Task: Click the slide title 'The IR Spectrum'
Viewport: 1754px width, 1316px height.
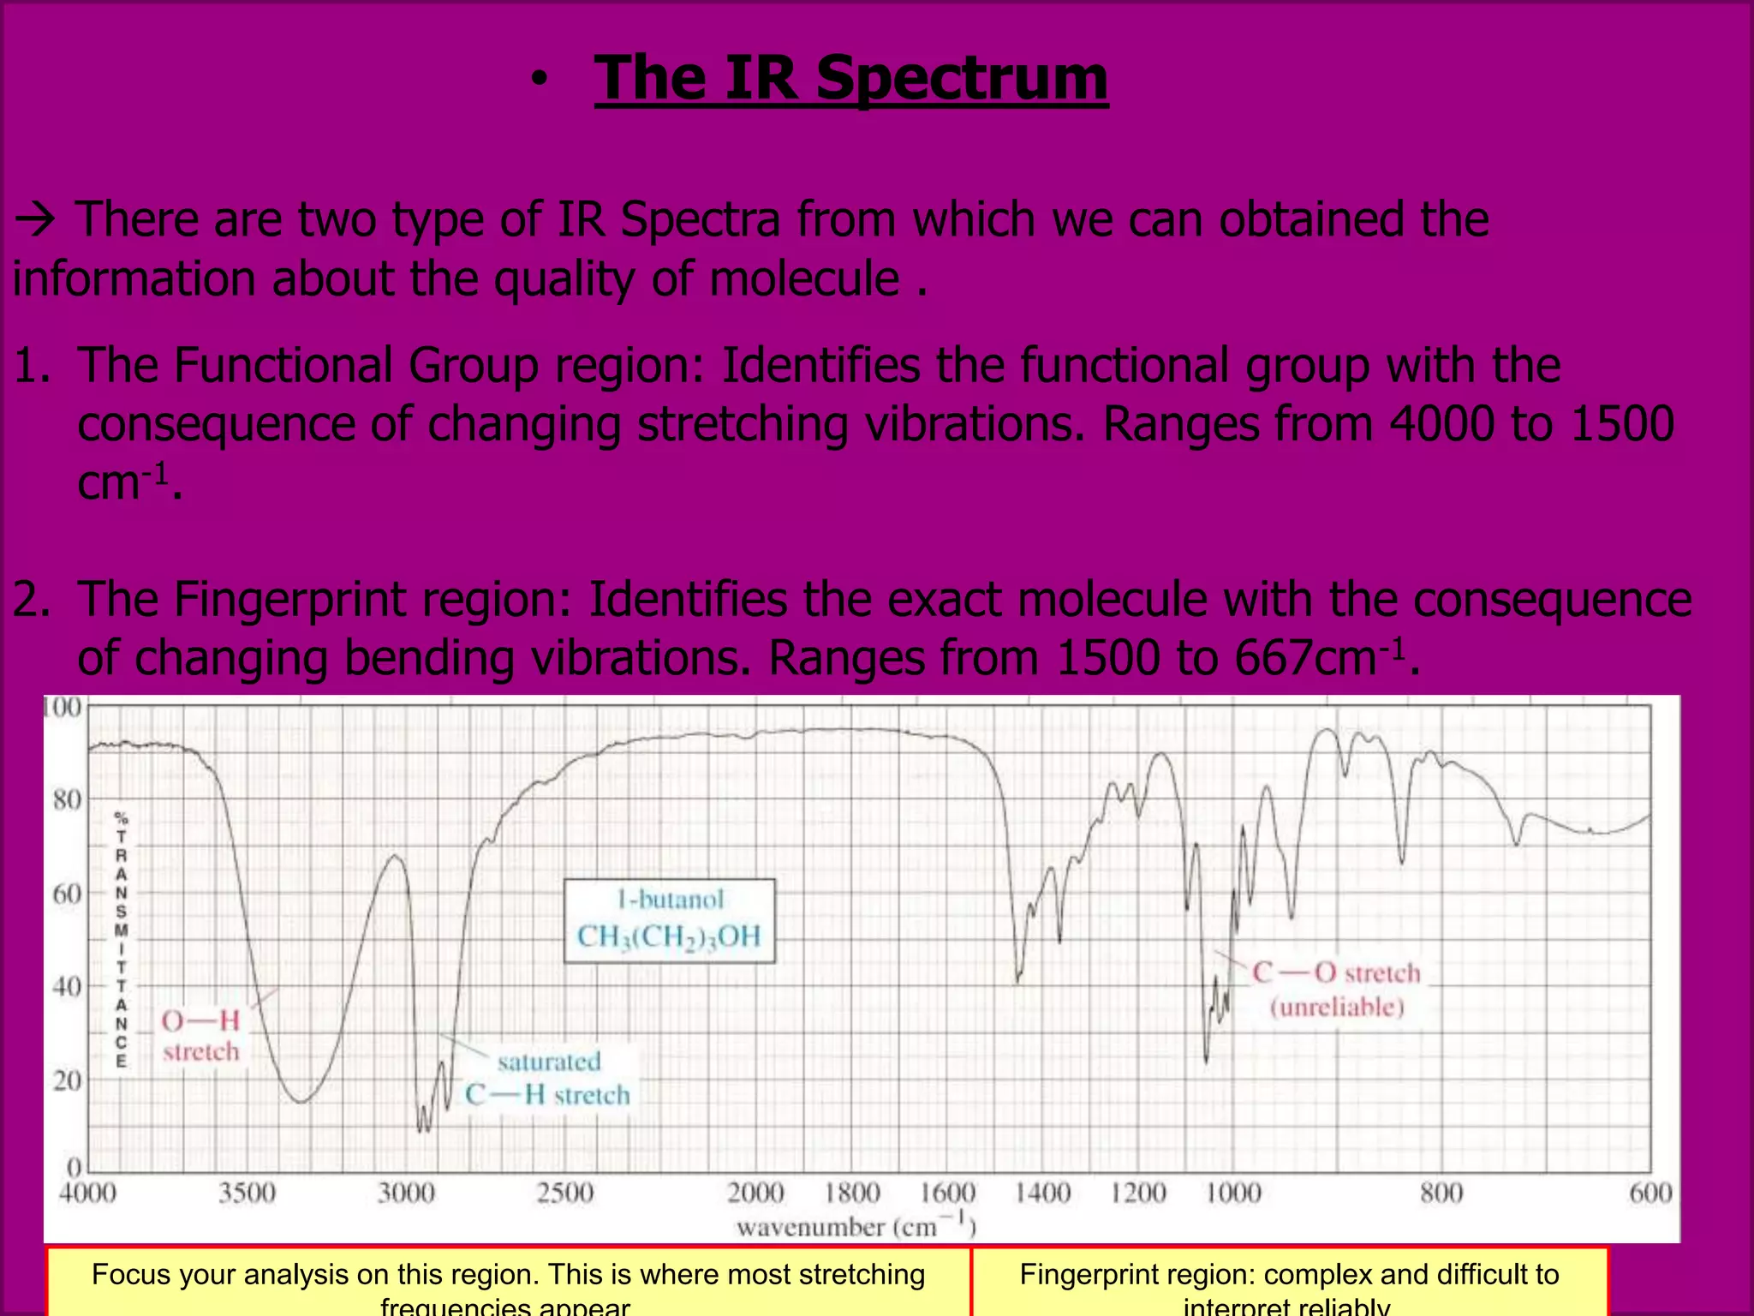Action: coord(851,79)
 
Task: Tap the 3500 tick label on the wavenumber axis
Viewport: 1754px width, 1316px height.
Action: coord(247,1193)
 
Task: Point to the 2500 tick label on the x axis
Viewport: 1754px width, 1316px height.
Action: coord(564,1193)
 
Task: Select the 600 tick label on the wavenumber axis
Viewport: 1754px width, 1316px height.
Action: coord(1650,1193)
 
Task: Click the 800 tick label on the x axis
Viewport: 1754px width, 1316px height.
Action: coord(1441,1193)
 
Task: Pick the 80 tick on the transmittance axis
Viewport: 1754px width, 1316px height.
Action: coord(67,800)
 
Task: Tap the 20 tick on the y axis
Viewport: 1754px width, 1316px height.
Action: coord(67,1080)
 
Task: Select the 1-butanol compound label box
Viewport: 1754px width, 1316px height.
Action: coord(669,920)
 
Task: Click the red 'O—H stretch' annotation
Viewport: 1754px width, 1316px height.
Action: coord(201,1035)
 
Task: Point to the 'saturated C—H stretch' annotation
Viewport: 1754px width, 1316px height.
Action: coord(548,1078)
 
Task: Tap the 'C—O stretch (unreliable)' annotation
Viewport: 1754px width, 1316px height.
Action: coord(1336,989)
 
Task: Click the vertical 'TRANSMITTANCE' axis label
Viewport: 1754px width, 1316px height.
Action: coord(122,939)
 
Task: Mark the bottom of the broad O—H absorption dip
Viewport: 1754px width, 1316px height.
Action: coord(301,1101)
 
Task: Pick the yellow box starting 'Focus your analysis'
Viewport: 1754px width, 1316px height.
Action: coord(508,1282)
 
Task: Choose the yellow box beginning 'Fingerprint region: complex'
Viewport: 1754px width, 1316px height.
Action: coord(1289,1282)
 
